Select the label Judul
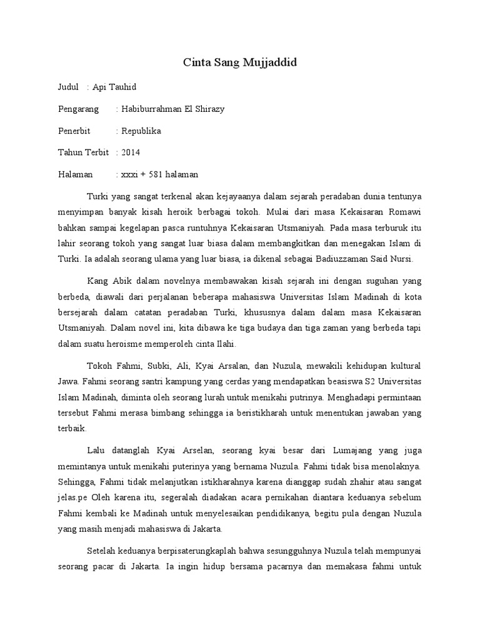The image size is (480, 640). pyautogui.click(x=68, y=87)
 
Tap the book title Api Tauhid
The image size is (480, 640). pyautogui.click(x=114, y=87)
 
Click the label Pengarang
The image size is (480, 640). pyautogui.click(x=78, y=109)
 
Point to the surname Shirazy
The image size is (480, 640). pyautogui.click(x=209, y=109)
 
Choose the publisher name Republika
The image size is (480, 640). pyautogui.click(x=141, y=131)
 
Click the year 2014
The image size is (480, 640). pyautogui.click(x=131, y=152)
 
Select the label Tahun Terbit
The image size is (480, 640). pyautogui.click(x=83, y=152)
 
